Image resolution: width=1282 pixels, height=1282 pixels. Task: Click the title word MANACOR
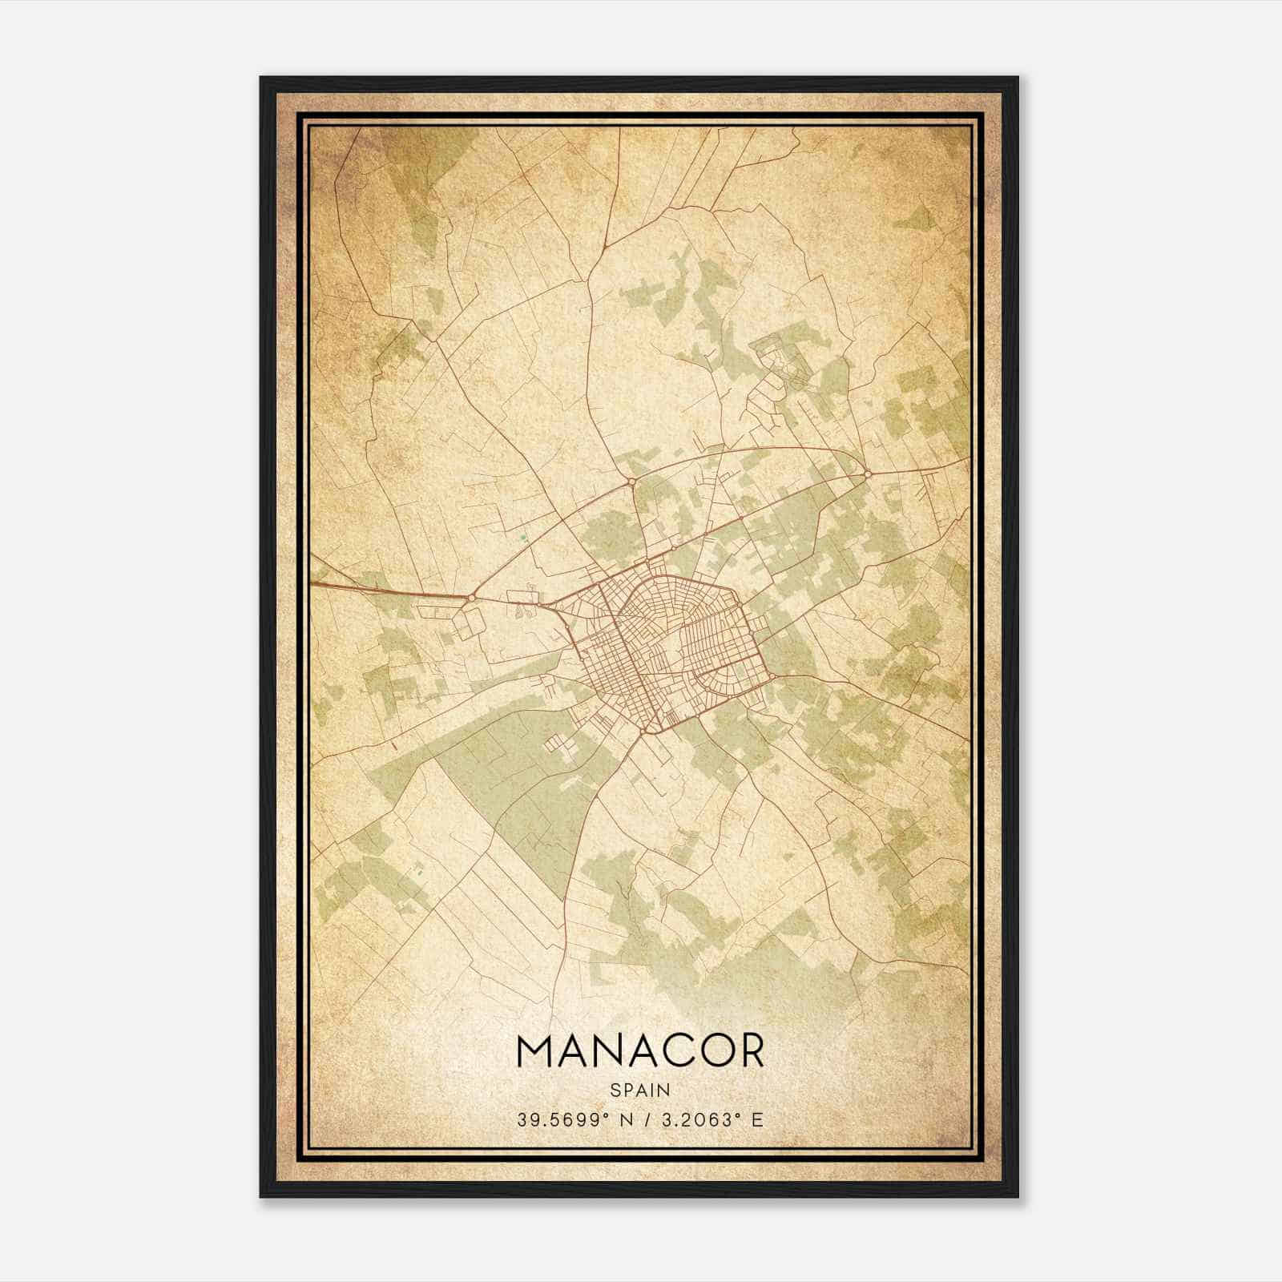[640, 1051]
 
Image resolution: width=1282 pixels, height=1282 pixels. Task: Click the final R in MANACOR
[751, 1051]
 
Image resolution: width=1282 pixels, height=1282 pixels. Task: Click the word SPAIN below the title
[640, 1091]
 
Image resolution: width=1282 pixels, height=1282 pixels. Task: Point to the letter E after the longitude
[757, 1120]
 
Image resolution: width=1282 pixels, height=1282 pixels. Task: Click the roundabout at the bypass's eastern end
[868, 475]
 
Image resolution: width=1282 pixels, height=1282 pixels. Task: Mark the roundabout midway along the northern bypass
[633, 481]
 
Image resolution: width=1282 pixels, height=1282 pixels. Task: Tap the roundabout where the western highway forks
[473, 597]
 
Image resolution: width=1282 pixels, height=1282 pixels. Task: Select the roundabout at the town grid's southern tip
[643, 730]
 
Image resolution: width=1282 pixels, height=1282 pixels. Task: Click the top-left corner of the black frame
[261, 78]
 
